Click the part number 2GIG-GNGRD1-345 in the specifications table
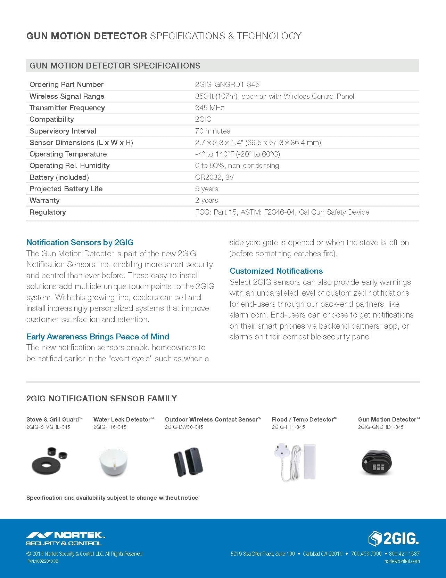click(227, 85)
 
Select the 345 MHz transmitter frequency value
click(209, 108)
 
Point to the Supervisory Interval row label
click(63, 131)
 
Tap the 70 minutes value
click(213, 131)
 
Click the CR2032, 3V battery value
click(214, 177)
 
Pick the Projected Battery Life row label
click(66, 189)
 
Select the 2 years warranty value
click(207, 200)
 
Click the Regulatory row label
click(48, 212)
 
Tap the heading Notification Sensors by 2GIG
click(80, 242)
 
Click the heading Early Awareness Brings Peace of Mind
click(98, 337)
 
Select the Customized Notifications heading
click(276, 271)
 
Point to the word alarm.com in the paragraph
click(248, 315)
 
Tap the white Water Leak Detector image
click(113, 462)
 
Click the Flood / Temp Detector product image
click(295, 461)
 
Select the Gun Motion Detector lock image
click(377, 462)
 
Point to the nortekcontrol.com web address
click(402, 561)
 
